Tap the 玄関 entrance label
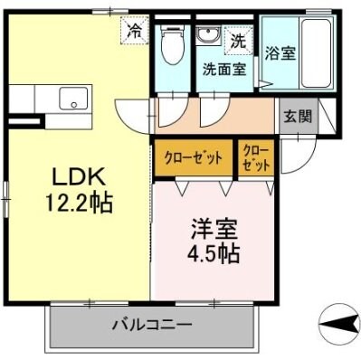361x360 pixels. click(295, 116)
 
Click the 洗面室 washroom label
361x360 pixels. click(223, 68)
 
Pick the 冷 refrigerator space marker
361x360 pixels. click(134, 30)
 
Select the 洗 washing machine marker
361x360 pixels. click(237, 40)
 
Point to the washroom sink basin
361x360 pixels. click(208, 37)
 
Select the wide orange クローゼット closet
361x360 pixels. click(193, 157)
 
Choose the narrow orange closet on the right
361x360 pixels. click(256, 157)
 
